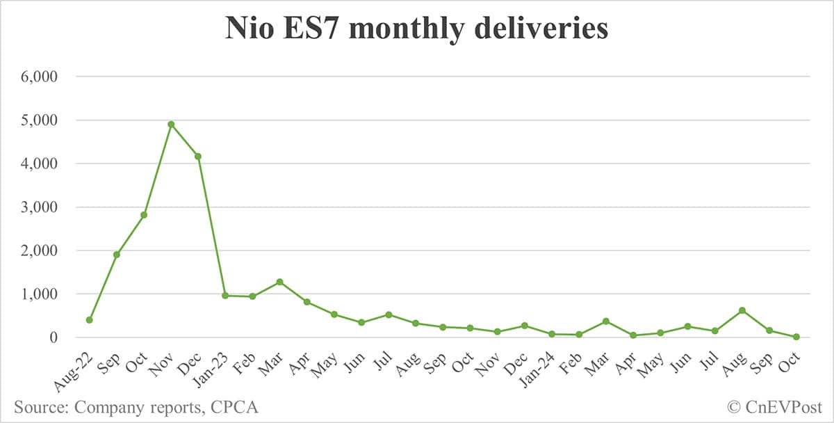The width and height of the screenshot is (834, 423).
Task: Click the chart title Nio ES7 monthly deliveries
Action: coord(417,30)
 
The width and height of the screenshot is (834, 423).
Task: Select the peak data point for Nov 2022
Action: coord(171,125)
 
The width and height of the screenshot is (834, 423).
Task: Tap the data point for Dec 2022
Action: coord(198,157)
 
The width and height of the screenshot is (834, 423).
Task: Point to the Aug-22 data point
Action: coord(89,320)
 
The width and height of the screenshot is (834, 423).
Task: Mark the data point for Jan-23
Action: coord(225,296)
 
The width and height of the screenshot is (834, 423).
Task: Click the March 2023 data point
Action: coord(279,282)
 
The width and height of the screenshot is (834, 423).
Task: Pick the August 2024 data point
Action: coord(742,310)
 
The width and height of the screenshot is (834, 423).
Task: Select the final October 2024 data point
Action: coord(796,337)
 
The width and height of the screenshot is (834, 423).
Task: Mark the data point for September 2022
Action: coord(117,255)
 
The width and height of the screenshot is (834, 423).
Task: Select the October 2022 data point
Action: coord(144,215)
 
